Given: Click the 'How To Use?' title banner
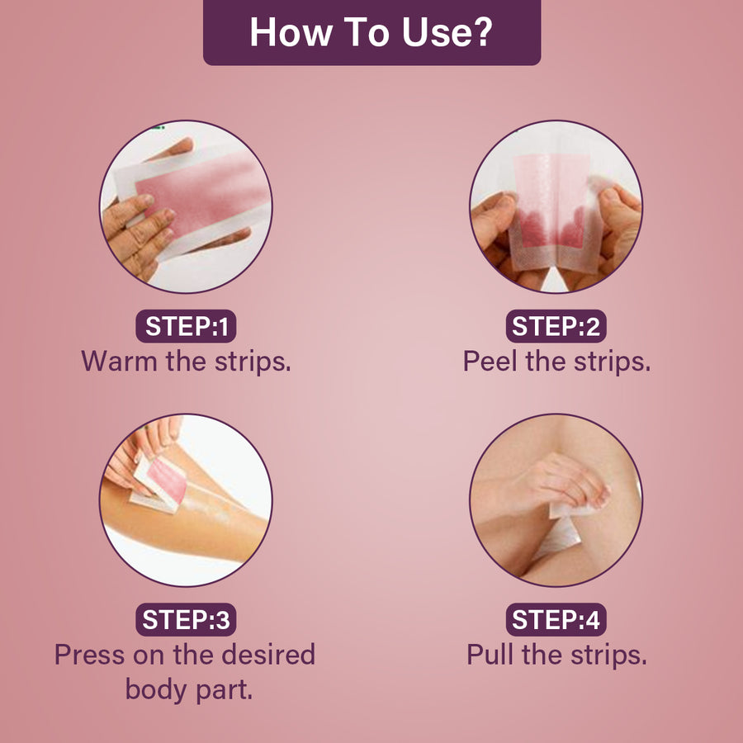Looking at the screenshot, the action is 372,32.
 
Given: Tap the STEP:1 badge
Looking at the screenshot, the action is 186,326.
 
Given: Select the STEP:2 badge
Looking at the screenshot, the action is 556,326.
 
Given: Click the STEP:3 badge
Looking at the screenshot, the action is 186,619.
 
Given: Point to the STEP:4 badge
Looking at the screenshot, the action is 556,619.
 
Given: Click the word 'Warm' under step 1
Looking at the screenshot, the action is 119,361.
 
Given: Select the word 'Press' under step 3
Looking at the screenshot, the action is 89,655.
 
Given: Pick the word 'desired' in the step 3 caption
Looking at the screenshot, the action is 268,655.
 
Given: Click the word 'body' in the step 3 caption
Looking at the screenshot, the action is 156,690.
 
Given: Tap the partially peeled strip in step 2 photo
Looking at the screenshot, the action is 555,213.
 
